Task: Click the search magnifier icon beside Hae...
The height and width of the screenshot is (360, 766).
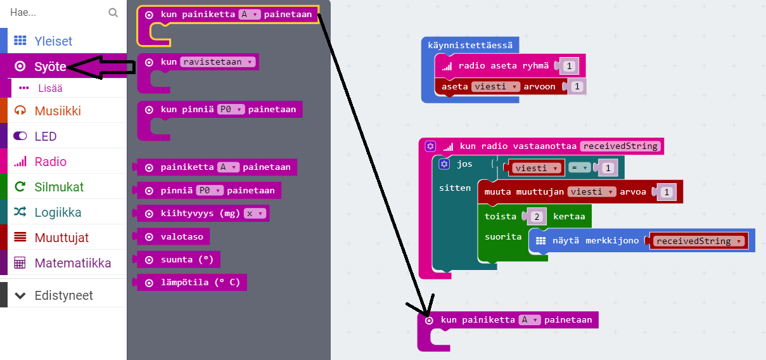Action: (x=113, y=12)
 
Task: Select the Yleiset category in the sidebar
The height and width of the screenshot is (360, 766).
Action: (x=53, y=41)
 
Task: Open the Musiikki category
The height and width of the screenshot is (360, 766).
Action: (x=58, y=111)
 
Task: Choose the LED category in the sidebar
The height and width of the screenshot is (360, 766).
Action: (x=46, y=136)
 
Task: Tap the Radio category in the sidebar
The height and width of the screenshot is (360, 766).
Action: (x=50, y=162)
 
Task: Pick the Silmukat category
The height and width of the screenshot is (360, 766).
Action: (x=59, y=187)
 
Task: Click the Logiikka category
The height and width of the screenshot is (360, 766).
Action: (x=58, y=212)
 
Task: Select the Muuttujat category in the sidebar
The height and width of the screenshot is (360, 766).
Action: (x=61, y=238)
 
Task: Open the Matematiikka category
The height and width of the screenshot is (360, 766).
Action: (x=72, y=263)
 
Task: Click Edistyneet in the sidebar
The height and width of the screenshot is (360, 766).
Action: (x=63, y=295)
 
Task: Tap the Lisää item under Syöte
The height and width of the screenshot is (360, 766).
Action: (x=50, y=88)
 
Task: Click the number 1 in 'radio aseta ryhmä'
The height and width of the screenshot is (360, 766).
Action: (x=569, y=66)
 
